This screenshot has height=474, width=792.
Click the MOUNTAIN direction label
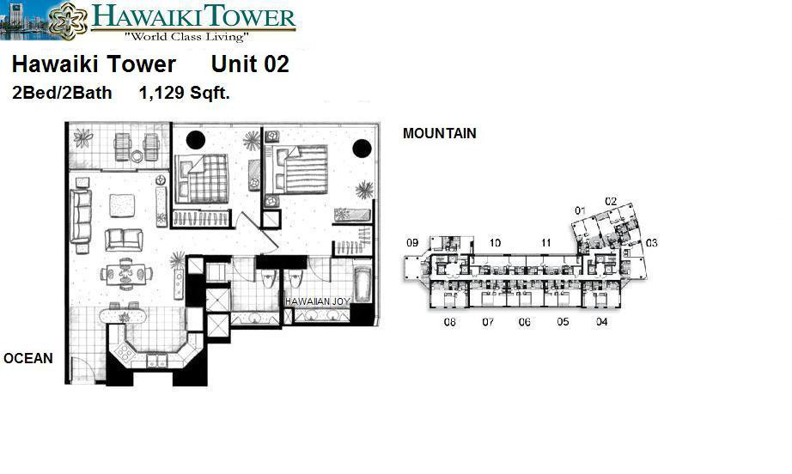coord(440,133)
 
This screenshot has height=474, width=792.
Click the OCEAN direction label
coord(28,358)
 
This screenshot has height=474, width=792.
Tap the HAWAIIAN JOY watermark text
coord(317,301)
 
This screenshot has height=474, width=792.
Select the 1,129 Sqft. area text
coord(185,93)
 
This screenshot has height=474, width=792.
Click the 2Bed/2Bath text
coord(62,93)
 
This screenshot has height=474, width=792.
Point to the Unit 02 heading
coord(250,64)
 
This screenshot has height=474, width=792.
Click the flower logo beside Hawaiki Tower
coord(68,21)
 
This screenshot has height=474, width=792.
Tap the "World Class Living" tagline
coord(186,36)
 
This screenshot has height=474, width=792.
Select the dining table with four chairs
coord(126,274)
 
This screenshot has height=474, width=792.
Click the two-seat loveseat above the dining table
coord(124,240)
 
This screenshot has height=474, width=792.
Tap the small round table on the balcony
coord(137,156)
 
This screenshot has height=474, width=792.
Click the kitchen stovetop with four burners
coord(125,351)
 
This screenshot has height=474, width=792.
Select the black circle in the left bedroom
coord(196,140)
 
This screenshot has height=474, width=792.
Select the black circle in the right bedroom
coord(362,149)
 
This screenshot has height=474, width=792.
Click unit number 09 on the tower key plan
coord(412,243)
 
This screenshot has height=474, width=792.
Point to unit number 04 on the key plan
coord(601,321)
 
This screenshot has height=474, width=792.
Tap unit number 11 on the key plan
coord(545,243)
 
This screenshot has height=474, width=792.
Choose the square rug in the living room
coord(122,206)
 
